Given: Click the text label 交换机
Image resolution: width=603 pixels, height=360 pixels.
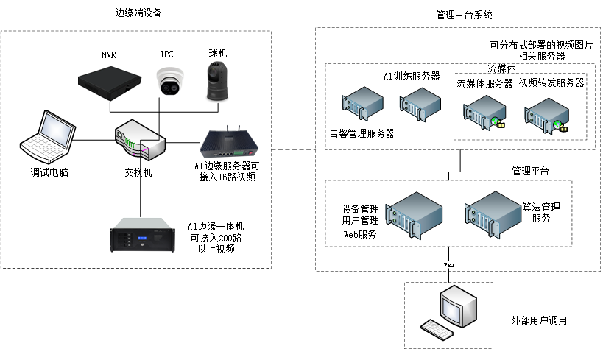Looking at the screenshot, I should [138, 172].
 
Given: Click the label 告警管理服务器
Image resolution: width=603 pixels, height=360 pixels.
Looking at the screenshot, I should [362, 134].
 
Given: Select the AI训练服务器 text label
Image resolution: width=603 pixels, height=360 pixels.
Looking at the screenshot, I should [412, 76].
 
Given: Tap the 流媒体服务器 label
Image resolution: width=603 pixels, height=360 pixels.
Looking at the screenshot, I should [484, 83].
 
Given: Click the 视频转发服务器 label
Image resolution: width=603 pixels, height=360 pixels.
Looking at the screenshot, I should [551, 83].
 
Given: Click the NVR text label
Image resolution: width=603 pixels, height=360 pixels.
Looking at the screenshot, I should [109, 54].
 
